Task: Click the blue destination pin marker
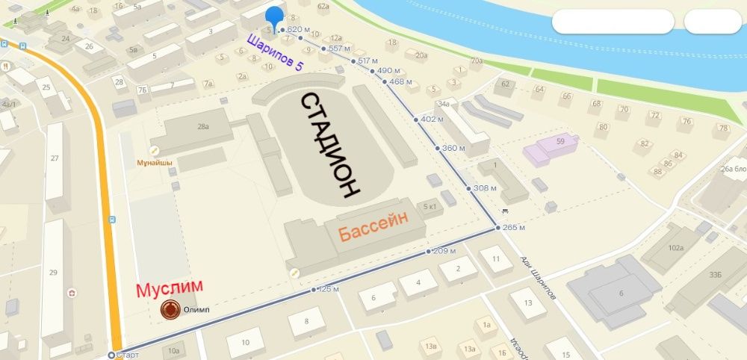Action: tap(275, 17)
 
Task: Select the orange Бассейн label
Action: tap(375, 228)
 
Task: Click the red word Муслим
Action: tap(169, 288)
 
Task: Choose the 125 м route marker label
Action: tap(329, 289)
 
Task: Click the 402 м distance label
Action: tap(432, 120)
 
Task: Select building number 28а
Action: tap(202, 128)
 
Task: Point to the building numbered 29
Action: tap(53, 272)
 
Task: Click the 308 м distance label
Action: tap(485, 188)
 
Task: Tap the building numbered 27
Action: tap(55, 158)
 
